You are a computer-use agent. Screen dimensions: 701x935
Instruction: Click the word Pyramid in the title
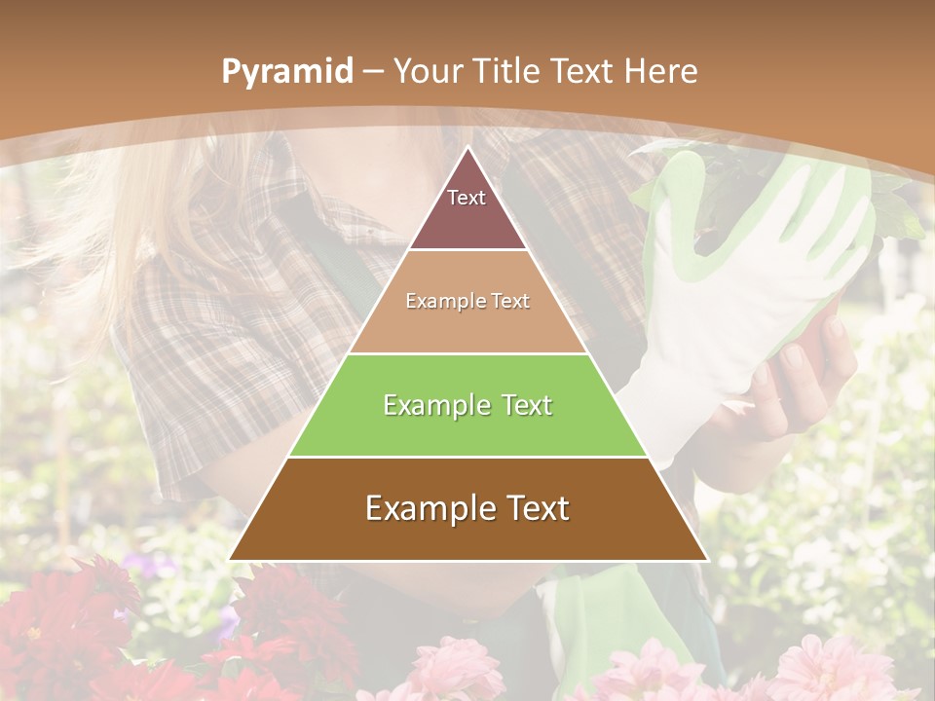[x=286, y=72]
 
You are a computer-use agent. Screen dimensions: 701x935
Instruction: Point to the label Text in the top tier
[x=467, y=198]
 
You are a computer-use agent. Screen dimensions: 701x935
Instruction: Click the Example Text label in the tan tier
[x=467, y=301]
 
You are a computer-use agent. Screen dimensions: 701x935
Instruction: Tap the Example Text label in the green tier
[x=467, y=405]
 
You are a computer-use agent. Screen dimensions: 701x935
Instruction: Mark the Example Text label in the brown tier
[x=467, y=508]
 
